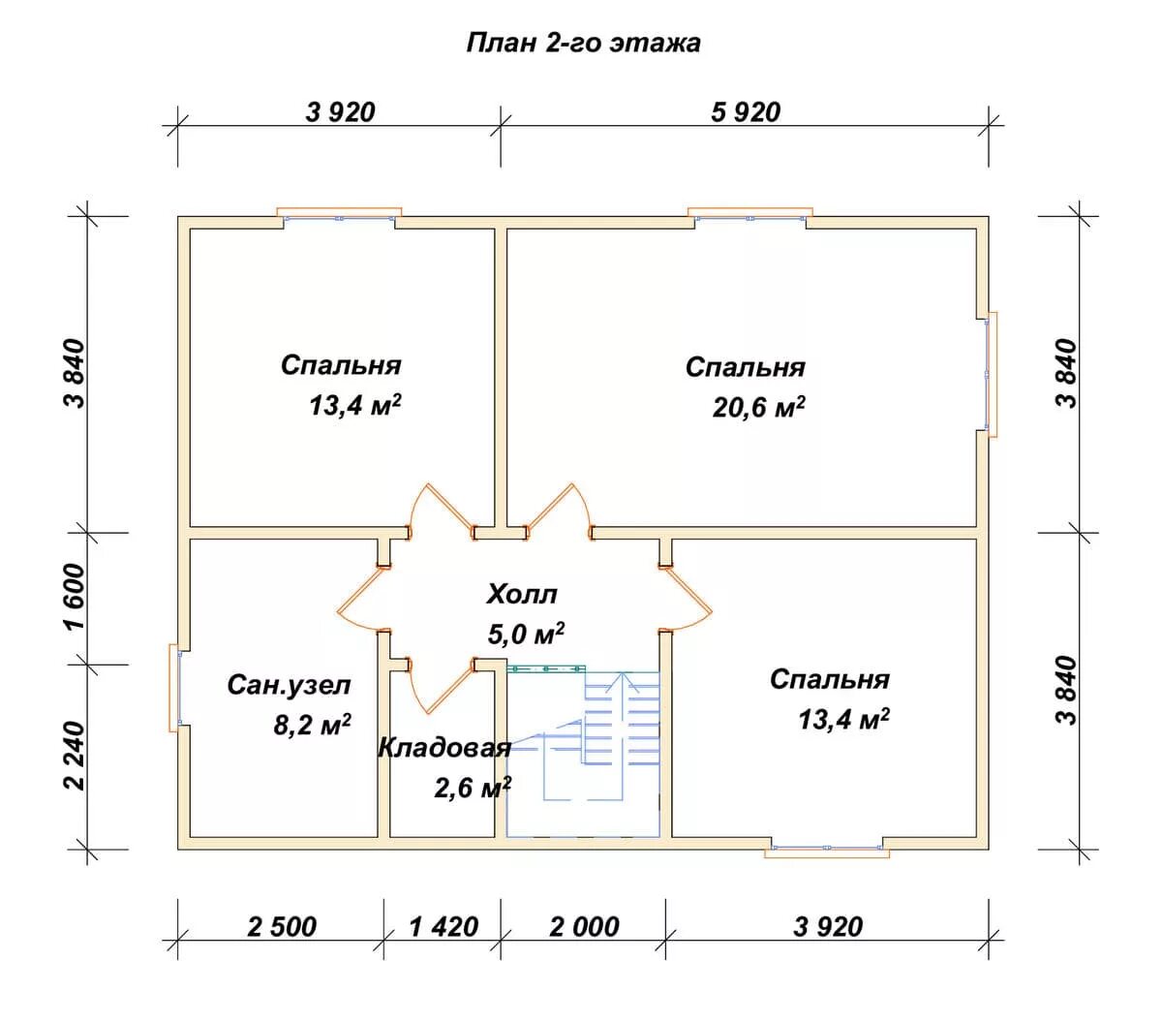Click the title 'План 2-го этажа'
tap(583, 44)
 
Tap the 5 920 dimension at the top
tap(745, 112)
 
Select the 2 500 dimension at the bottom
tap(282, 927)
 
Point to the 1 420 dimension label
tap(443, 927)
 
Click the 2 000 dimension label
tap(584, 927)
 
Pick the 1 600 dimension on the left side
tap(76, 598)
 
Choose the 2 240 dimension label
tap(76, 756)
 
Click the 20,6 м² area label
tap(758, 408)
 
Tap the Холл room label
tap(521, 594)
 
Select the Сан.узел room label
tap(289, 685)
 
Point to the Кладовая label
tap(444, 748)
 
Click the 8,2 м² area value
tap(312, 726)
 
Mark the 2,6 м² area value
tap(473, 789)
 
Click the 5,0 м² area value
tap(526, 634)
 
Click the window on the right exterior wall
tap(990, 374)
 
